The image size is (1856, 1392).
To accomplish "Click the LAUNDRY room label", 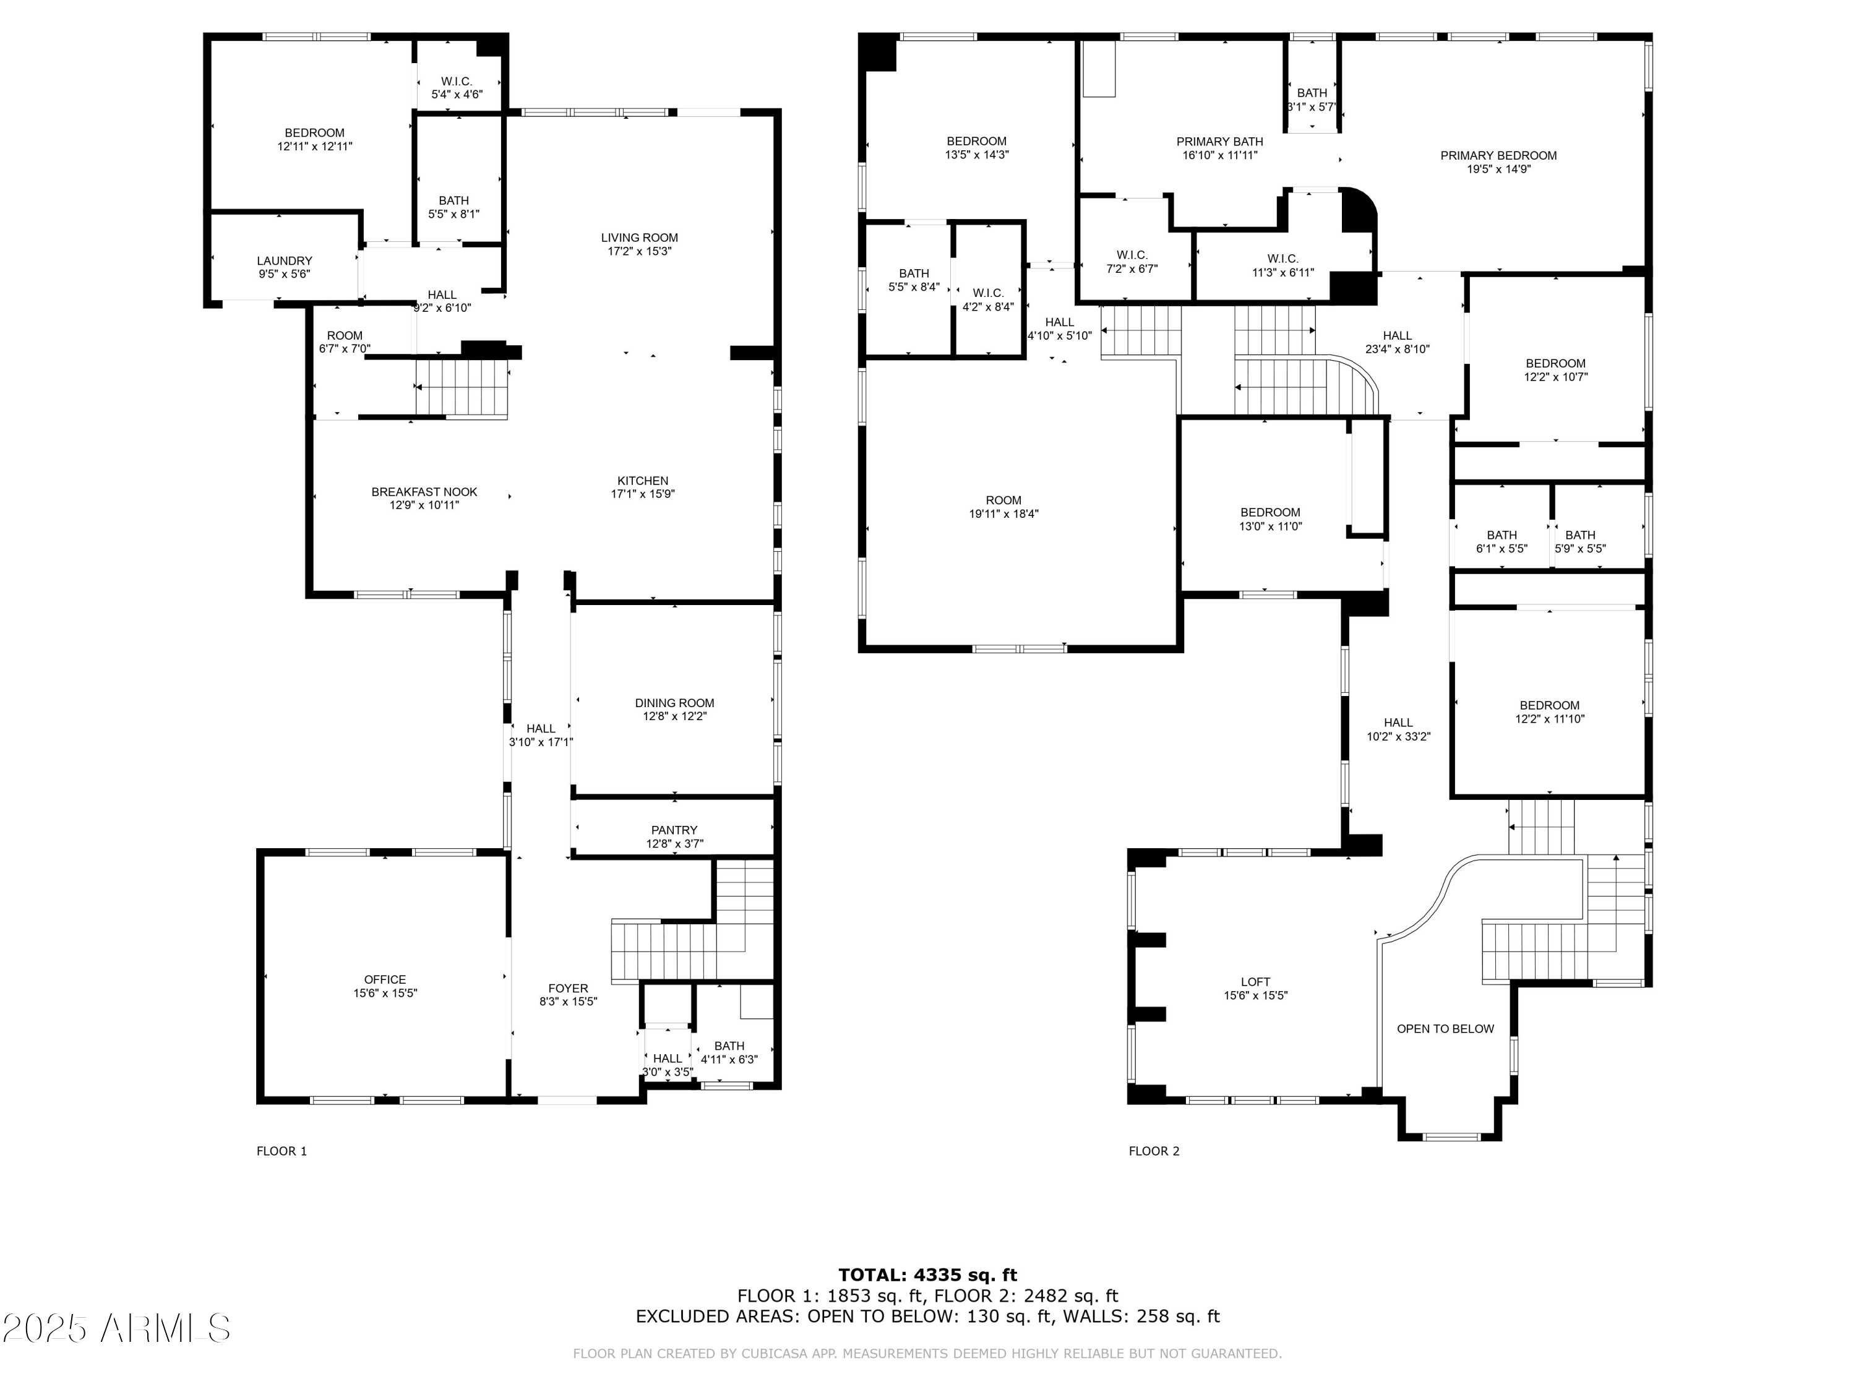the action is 285,261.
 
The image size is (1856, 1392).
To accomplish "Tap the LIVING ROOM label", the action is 639,238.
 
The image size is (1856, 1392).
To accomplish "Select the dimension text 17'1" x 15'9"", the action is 643,494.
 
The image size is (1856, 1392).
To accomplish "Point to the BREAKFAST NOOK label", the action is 424,492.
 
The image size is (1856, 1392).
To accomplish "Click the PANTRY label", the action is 674,830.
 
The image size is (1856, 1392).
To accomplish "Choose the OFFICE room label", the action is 385,979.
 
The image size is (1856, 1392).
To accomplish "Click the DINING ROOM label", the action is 674,703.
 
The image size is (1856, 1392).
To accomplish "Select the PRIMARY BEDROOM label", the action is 1498,155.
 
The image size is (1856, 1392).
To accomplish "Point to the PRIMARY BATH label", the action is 1220,141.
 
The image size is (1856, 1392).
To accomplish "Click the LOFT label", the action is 1255,982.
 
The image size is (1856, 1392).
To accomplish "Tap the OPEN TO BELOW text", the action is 1446,1029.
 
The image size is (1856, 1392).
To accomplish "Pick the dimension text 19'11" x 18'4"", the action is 1003,513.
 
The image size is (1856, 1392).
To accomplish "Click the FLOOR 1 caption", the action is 282,1151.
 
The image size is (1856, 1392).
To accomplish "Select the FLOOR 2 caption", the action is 1154,1151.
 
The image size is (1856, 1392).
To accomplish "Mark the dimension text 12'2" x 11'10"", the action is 1550,719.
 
